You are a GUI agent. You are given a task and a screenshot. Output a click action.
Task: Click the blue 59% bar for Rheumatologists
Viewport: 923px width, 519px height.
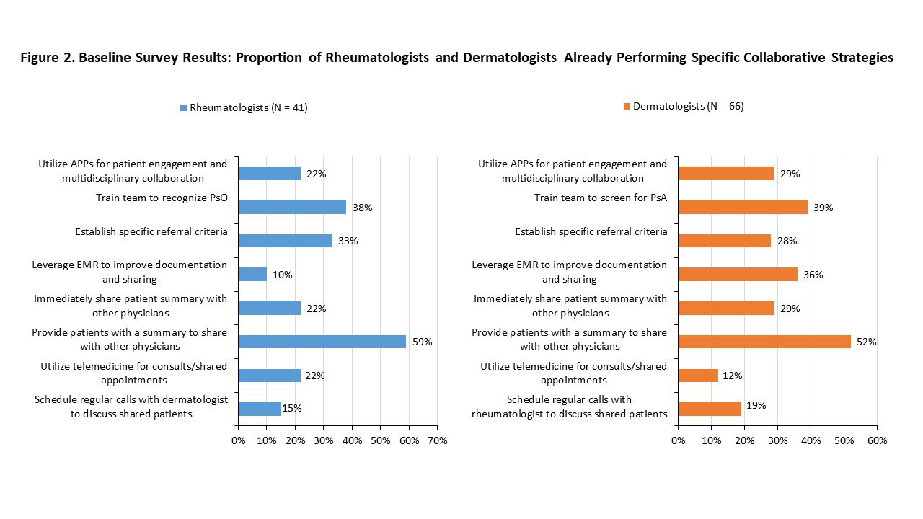coord(322,342)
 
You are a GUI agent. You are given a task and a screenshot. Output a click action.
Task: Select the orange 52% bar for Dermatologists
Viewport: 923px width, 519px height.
coord(764,342)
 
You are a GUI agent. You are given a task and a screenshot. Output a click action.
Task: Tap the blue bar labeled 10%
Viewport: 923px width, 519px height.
coord(252,275)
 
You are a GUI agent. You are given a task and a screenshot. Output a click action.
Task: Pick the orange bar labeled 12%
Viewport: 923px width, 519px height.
coord(698,376)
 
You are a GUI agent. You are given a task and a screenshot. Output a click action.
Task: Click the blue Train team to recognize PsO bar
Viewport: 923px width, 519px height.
coord(292,208)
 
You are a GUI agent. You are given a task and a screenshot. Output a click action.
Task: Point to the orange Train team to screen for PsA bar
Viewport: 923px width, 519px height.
coord(743,208)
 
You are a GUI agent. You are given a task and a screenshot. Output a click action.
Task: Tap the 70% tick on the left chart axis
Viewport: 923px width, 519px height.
coord(437,440)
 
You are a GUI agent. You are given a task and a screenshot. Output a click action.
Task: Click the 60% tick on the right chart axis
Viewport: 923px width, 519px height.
coord(876,440)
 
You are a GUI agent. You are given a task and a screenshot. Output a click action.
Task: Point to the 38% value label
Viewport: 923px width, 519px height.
coord(362,208)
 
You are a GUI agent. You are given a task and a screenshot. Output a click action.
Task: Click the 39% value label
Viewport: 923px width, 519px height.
coord(823,208)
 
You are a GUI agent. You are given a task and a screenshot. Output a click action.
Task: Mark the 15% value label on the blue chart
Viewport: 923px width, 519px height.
coord(292,409)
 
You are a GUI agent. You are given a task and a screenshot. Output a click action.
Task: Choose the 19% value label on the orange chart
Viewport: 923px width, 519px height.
coord(756,406)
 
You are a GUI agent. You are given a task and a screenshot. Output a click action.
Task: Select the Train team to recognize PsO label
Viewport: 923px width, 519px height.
coord(162,198)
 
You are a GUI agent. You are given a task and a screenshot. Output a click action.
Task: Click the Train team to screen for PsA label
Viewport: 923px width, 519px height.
coord(601,198)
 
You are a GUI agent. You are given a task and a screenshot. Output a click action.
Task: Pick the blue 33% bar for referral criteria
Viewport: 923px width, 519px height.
coord(286,241)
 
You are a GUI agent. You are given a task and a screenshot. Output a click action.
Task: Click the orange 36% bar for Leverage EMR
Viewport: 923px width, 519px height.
coord(738,275)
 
